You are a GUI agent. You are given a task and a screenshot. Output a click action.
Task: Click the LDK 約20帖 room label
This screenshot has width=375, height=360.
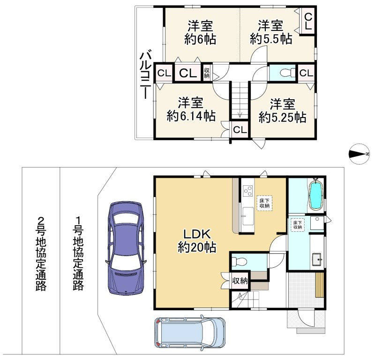point(197,241)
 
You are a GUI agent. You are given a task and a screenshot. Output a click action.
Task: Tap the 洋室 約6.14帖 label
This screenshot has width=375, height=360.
point(191,110)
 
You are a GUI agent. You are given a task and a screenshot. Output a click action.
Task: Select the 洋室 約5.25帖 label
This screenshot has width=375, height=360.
point(282,110)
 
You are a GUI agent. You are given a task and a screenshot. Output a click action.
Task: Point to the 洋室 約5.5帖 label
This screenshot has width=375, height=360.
point(271,32)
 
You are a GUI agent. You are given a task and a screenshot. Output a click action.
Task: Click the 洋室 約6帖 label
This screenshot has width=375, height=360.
point(200,32)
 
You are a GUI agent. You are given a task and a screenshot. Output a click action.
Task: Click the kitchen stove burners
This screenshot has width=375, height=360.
point(248,191)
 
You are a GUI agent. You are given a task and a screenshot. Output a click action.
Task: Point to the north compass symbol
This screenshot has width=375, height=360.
point(359,154)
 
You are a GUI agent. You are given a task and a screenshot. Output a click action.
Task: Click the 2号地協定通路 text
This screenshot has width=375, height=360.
point(41,254)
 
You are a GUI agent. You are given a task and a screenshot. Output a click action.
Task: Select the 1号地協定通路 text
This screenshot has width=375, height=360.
point(78,254)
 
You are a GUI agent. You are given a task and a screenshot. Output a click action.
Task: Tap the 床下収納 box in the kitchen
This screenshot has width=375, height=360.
point(264,203)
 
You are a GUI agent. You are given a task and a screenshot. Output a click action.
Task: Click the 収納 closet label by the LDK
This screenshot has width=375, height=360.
point(240,281)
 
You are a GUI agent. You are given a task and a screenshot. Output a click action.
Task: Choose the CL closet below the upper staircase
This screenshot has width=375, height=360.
point(240,130)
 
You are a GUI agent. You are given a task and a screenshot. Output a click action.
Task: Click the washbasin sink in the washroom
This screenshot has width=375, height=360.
point(317,259)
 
